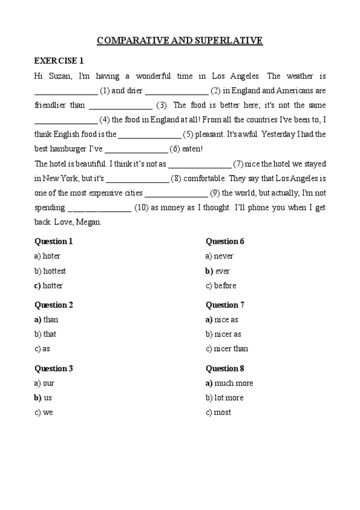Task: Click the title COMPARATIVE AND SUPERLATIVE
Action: (180, 41)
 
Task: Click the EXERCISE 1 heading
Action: (59, 61)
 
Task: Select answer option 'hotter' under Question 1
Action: (52, 286)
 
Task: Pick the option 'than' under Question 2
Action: (50, 319)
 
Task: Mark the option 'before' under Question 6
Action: (225, 286)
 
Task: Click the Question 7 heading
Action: (225, 305)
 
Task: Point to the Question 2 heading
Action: (54, 305)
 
